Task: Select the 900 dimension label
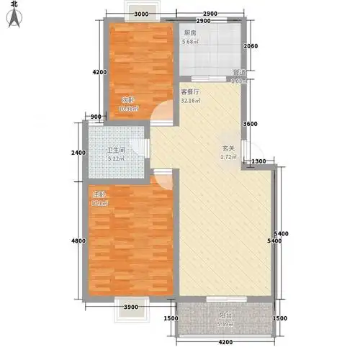(x=96, y=117)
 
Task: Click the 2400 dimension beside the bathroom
(x=79, y=152)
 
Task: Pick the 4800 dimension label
(x=79, y=240)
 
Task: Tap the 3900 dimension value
(x=130, y=307)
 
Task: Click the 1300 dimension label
(x=259, y=161)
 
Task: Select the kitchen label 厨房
(x=191, y=32)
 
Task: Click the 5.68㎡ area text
(x=192, y=41)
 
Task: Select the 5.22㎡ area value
(x=99, y=159)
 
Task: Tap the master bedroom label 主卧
(x=96, y=194)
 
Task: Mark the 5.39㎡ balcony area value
(x=225, y=324)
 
